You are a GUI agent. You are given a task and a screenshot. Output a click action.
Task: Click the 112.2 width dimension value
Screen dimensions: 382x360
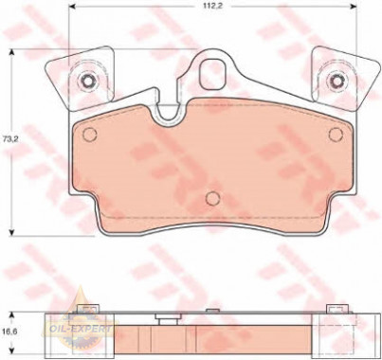[210, 7]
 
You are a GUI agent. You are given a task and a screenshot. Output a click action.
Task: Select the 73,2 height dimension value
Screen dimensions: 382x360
[9, 139]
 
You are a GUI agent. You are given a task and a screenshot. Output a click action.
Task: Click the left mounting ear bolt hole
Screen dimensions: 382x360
[87, 81]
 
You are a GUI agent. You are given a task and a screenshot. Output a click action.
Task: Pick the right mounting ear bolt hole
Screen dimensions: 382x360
[336, 81]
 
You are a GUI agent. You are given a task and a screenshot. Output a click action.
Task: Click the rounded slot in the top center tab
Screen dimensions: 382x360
[212, 73]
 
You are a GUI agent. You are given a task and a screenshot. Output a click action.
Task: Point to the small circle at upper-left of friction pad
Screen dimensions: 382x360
[89, 135]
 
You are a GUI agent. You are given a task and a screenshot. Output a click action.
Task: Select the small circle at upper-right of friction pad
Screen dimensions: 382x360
[336, 135]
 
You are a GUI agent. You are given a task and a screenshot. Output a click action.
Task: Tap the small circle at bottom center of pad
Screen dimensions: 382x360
[212, 198]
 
